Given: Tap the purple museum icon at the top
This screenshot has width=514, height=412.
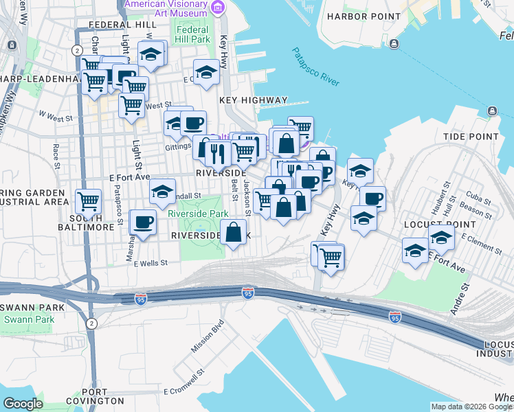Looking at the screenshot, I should [218, 8].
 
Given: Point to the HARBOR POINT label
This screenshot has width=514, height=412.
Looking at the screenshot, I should [364, 16].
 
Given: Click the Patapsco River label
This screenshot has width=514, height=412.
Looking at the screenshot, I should [315, 67].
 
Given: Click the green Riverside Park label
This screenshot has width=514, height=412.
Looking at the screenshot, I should [198, 214].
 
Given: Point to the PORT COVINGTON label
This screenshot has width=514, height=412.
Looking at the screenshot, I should [93, 400].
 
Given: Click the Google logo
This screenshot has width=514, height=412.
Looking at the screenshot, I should [23, 404].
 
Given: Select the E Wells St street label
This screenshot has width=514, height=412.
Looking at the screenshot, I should [150, 263].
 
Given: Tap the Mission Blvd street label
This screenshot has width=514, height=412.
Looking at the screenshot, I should [208, 335].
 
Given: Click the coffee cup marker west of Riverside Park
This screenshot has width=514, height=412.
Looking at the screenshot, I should [143, 223].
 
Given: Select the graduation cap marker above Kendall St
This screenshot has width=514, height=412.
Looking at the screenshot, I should [162, 192].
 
